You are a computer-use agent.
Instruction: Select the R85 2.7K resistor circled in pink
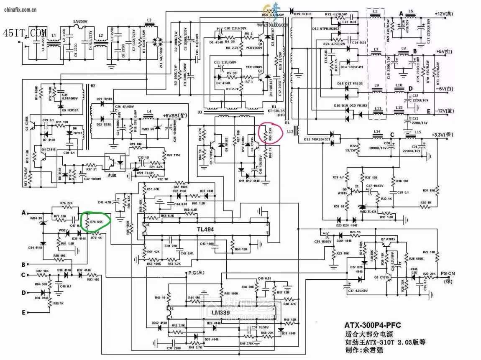pos(268,133)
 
